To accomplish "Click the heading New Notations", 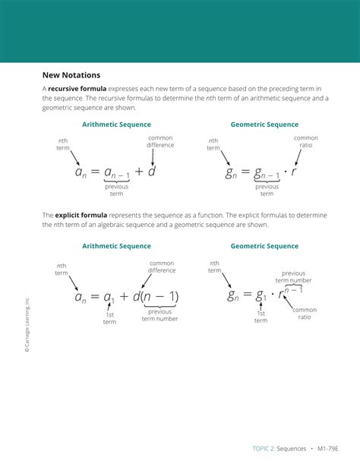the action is pyautogui.click(x=71, y=75).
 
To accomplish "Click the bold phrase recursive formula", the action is pyautogui.click(x=77, y=89).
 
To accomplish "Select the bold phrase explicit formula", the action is pyautogui.click(x=81, y=215).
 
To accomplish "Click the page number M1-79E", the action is pyautogui.click(x=328, y=449).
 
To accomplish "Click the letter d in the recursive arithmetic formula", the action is pyautogui.click(x=152, y=172).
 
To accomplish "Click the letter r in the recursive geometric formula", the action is pyautogui.click(x=294, y=172).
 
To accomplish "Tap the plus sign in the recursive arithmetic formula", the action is pyautogui.click(x=139, y=172).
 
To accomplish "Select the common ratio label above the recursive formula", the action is pyautogui.click(x=306, y=141).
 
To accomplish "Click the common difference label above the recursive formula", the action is pyautogui.click(x=160, y=141).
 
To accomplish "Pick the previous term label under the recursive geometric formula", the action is pyautogui.click(x=267, y=190).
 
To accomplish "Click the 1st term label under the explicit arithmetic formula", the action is pyautogui.click(x=109, y=318).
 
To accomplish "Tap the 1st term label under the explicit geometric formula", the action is pyautogui.click(x=261, y=317).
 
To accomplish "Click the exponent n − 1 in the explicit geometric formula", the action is pyautogui.click(x=293, y=289).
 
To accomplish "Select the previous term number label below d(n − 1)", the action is pyautogui.click(x=159, y=315).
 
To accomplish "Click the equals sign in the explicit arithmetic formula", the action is pyautogui.click(x=94, y=296).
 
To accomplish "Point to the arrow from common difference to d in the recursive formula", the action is pyautogui.click(x=153, y=157).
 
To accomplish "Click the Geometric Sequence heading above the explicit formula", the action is pyautogui.click(x=264, y=246).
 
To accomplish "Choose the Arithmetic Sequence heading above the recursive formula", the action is pyautogui.click(x=116, y=125).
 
